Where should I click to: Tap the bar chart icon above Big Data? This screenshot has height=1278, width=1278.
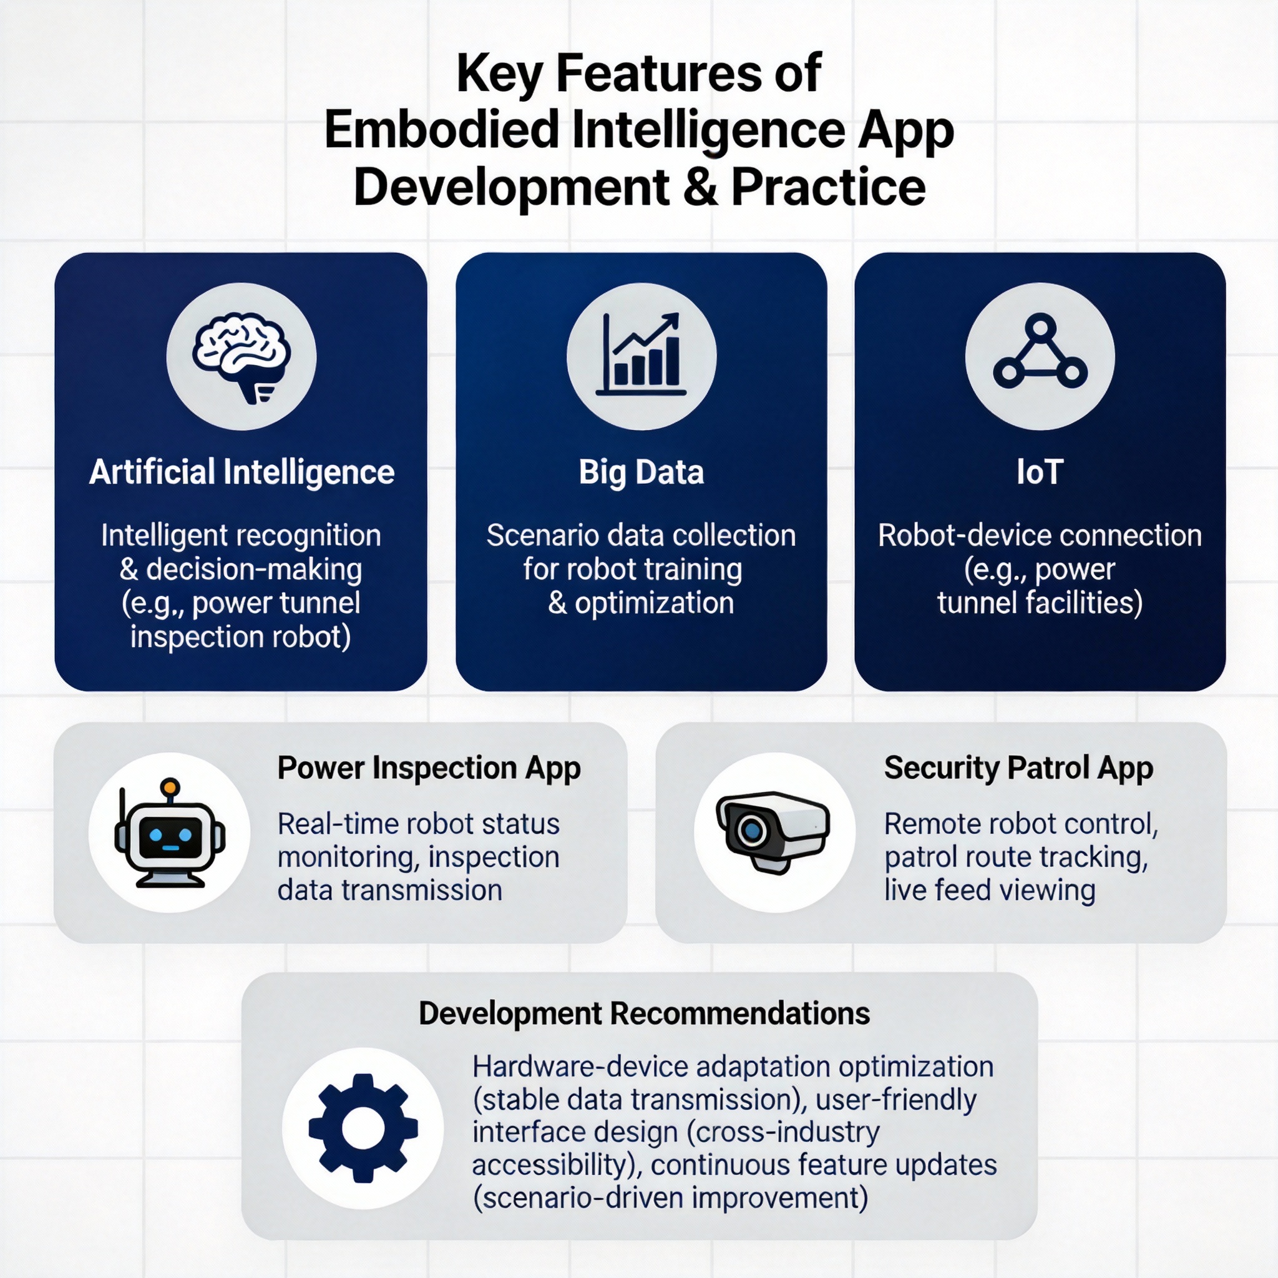tap(640, 354)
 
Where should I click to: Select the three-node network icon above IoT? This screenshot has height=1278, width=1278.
tap(1040, 352)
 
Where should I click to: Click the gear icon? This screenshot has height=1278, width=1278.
tap(363, 1128)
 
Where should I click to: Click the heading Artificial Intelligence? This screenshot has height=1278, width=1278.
tap(241, 472)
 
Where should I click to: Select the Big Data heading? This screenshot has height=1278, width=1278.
tap(641, 472)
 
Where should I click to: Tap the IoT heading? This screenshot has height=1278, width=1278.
tap(1040, 472)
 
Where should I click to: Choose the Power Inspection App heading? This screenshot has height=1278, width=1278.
tap(429, 769)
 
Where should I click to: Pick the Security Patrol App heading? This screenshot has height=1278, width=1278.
tap(1018, 769)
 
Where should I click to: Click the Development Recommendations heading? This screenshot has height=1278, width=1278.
tap(644, 1013)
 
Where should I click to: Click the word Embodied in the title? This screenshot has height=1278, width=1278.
tap(442, 130)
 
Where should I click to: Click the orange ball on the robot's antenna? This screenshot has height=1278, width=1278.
tap(170, 786)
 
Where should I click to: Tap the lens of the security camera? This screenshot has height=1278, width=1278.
tap(751, 829)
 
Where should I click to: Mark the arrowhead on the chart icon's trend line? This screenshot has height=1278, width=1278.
tap(671, 320)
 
